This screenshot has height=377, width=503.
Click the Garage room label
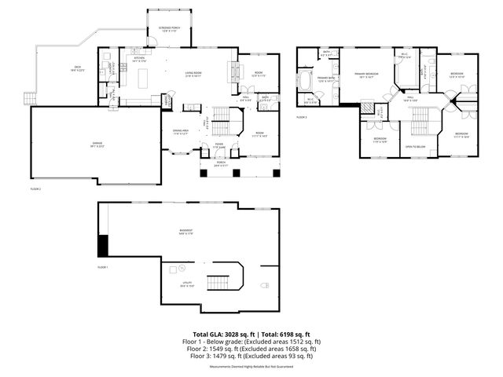(97, 144)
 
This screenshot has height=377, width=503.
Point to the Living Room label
(193, 75)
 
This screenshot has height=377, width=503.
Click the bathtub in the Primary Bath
(307, 82)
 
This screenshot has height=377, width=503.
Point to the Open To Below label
(416, 146)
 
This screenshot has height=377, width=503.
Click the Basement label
(186, 231)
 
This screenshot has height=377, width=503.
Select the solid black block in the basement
(102, 246)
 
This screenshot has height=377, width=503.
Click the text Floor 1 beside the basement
(103, 268)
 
